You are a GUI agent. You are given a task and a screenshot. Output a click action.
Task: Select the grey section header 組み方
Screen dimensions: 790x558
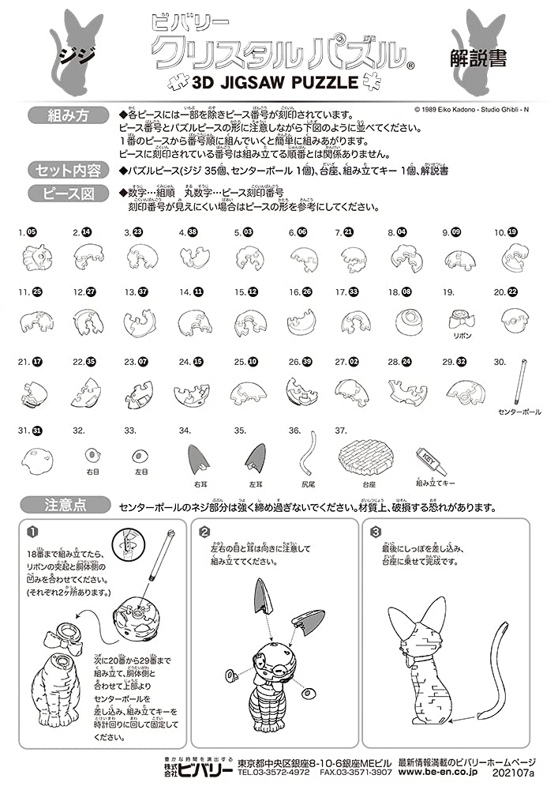coord(67,116)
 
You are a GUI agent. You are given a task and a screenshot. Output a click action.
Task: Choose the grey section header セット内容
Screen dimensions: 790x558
coord(67,169)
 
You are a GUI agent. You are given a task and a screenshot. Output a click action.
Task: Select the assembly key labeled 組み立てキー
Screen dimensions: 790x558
coord(432,459)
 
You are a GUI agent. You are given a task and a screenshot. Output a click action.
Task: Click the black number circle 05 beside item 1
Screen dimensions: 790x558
coord(32,233)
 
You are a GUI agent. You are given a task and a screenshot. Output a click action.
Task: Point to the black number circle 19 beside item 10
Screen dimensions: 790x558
coord(512,233)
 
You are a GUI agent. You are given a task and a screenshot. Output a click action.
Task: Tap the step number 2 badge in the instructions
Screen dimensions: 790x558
coord(204,531)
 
